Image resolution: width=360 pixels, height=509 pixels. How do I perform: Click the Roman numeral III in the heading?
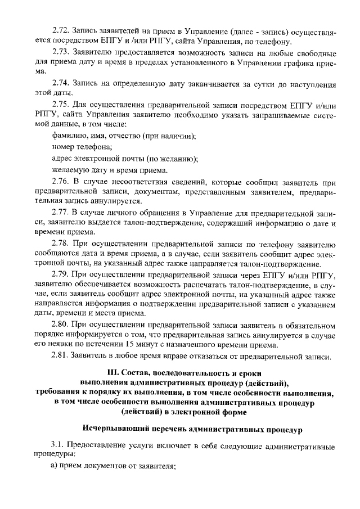(113, 373)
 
